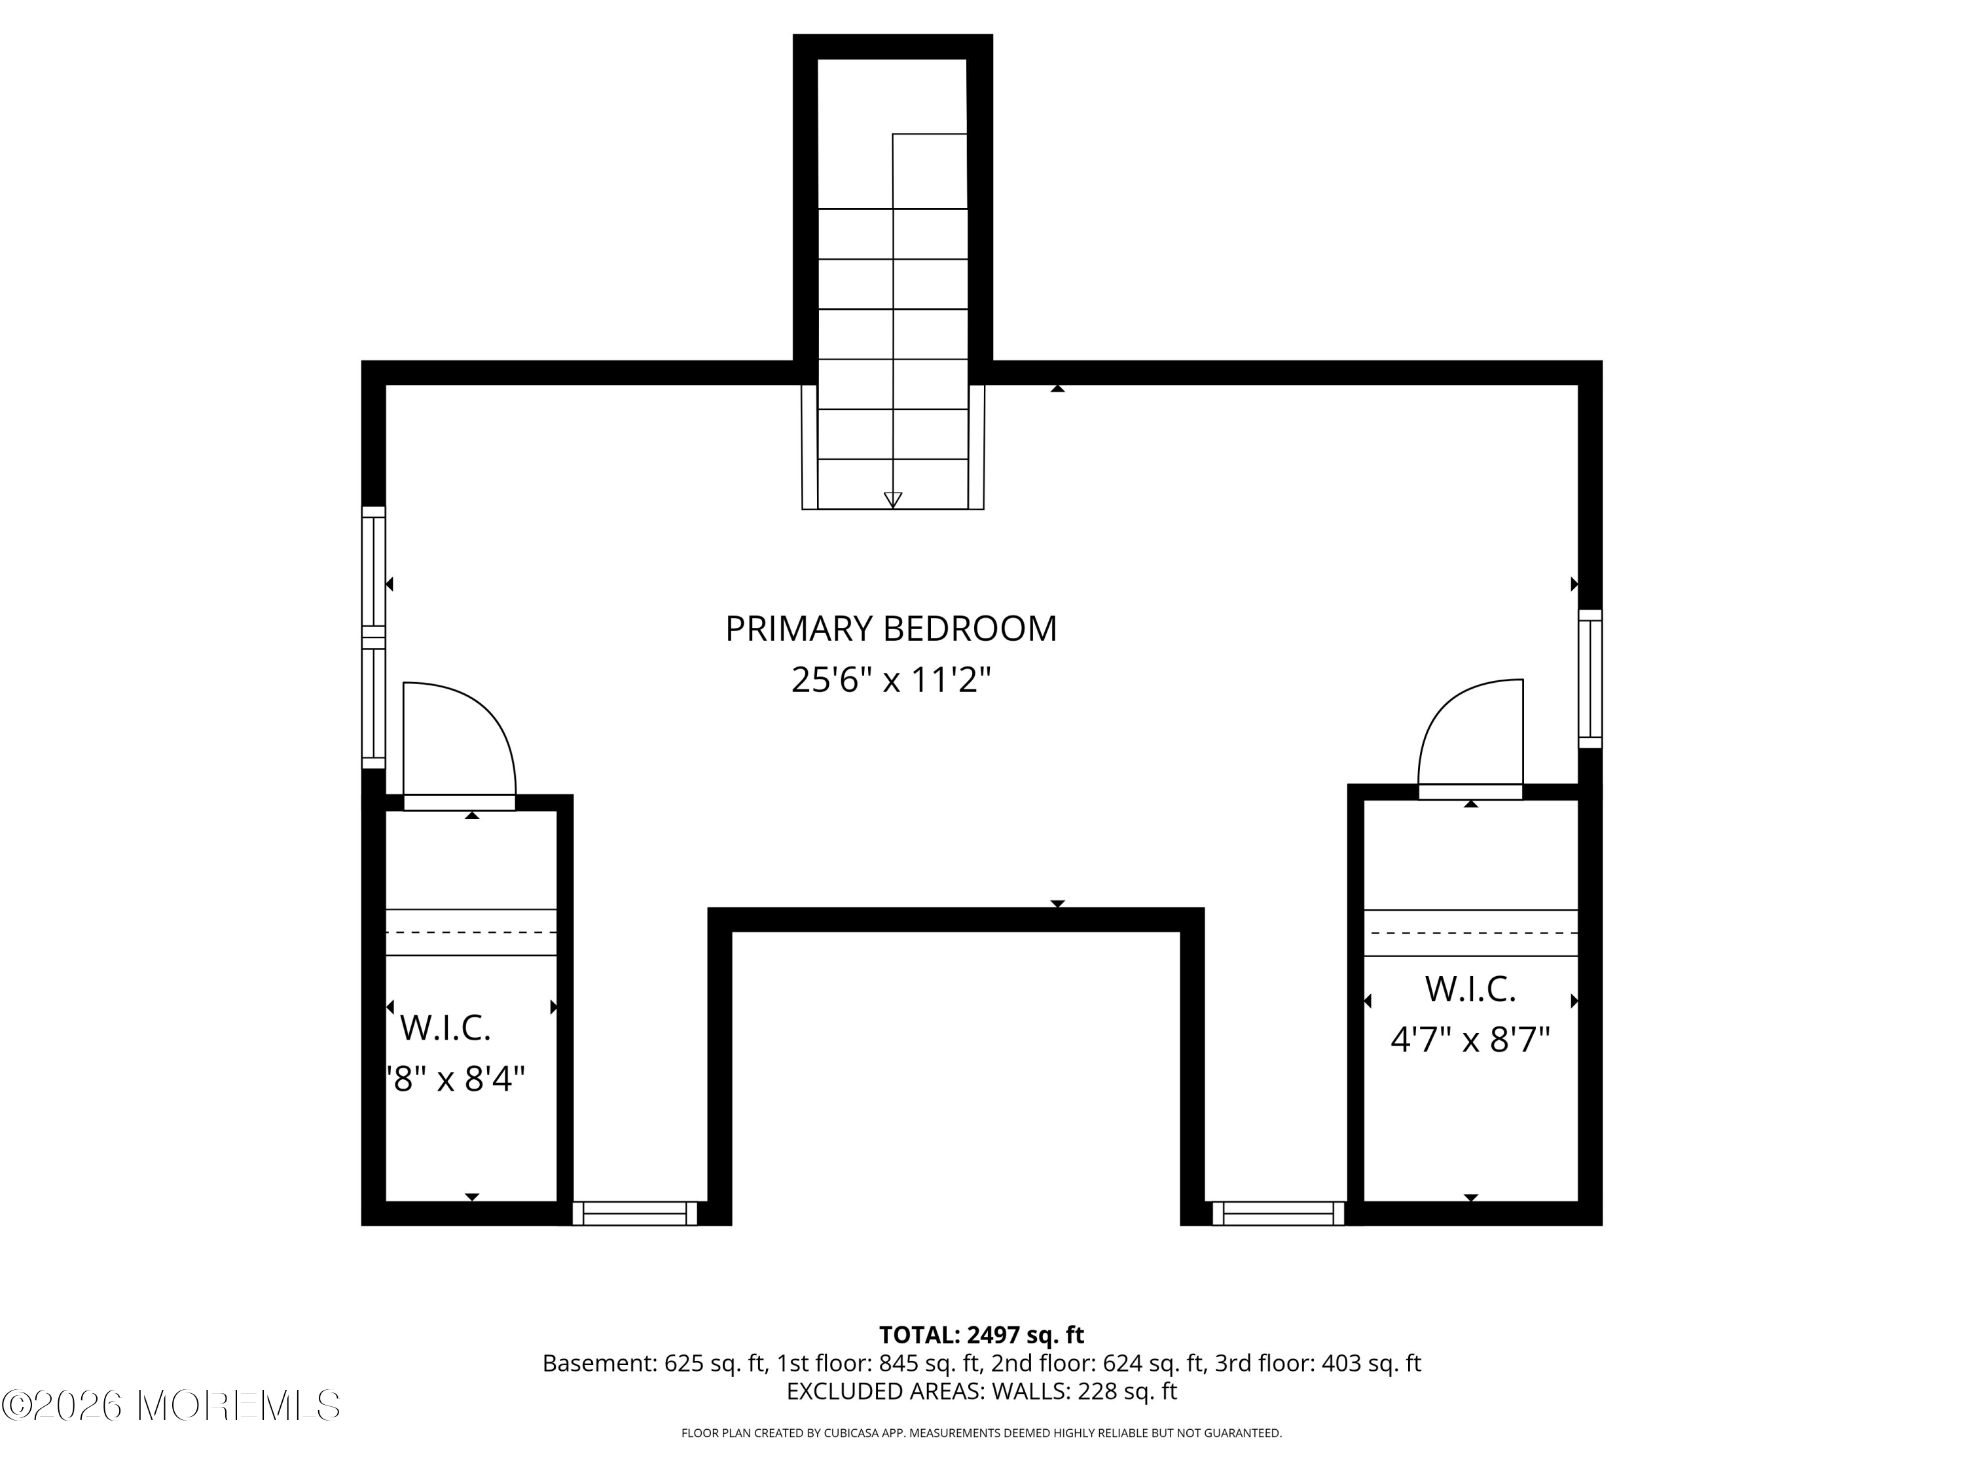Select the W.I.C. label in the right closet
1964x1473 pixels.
click(1470, 989)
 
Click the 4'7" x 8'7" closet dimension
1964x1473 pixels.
click(1470, 1040)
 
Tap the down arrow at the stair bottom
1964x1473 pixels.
click(892, 500)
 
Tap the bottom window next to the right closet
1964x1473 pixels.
click(1278, 1213)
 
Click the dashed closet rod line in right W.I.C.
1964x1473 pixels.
click(1470, 933)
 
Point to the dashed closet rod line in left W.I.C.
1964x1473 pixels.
click(471, 932)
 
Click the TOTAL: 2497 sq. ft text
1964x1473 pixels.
click(981, 1334)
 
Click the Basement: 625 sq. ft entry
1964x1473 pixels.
click(655, 1363)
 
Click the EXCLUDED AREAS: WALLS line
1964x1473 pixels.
click(981, 1391)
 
